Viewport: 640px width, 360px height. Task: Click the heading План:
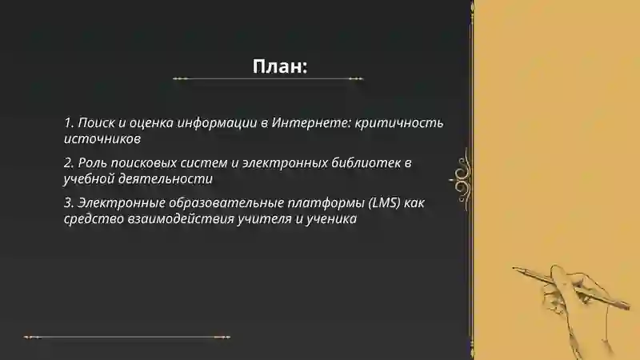click(280, 66)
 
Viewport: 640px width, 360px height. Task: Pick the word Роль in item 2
click(94, 163)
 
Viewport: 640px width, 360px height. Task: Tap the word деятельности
click(162, 179)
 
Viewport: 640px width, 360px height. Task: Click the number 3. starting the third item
click(69, 203)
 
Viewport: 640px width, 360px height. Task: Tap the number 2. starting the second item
click(69, 163)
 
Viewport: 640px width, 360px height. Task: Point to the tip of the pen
click(514, 267)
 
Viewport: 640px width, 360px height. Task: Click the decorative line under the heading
click(268, 79)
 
